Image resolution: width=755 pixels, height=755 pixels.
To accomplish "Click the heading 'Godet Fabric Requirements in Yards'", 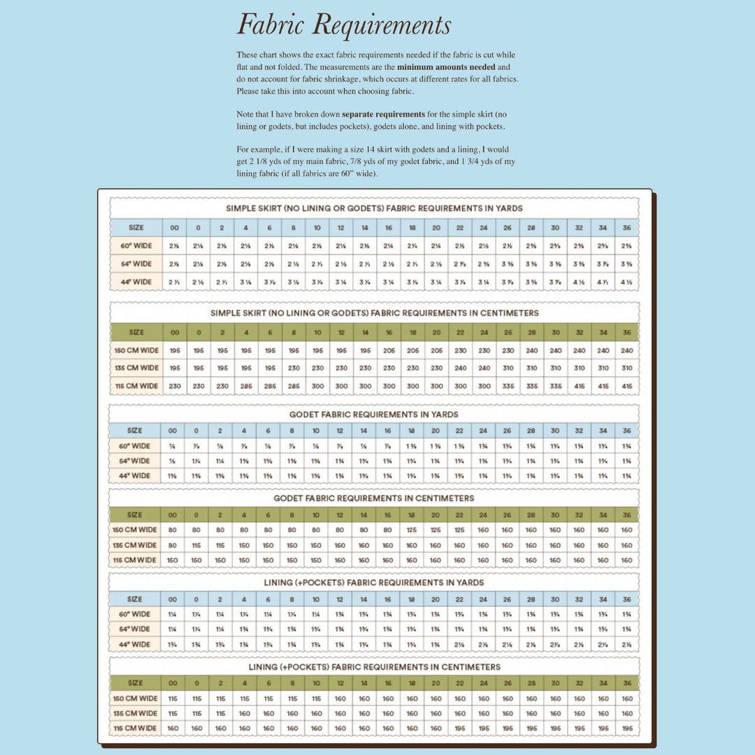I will (x=374, y=415).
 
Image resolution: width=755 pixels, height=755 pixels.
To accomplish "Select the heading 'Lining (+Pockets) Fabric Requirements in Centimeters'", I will (x=374, y=668).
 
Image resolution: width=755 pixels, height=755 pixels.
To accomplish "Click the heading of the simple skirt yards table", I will (x=374, y=208).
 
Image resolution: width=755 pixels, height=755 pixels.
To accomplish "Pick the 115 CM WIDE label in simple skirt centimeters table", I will (x=136, y=386).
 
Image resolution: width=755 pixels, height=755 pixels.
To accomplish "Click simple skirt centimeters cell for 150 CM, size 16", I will (x=389, y=350).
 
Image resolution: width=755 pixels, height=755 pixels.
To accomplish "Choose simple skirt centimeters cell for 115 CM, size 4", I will (x=246, y=386).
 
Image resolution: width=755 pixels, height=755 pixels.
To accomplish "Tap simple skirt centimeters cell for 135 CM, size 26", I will (x=508, y=368).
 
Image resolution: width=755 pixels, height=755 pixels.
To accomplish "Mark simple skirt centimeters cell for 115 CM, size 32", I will (x=580, y=386).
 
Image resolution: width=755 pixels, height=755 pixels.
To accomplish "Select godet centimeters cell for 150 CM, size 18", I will (x=412, y=531).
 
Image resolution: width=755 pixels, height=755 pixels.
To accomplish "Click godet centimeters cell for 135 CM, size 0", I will (x=196, y=545).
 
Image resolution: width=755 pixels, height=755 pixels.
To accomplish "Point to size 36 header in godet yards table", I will (x=626, y=431).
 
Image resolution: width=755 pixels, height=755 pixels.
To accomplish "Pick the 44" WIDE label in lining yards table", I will (x=136, y=645).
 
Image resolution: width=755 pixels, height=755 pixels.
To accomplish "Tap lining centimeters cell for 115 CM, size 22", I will (x=460, y=728).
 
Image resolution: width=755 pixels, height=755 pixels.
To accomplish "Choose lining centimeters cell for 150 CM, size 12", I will (x=340, y=698).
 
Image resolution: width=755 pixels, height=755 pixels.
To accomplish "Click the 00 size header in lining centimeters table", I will (x=173, y=683).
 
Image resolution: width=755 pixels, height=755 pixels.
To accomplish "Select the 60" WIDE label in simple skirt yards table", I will (x=136, y=246).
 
